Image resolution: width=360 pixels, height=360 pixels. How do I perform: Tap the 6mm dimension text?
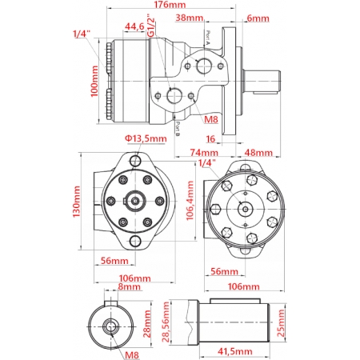click(258, 17)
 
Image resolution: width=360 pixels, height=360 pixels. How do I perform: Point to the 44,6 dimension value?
click(134, 26)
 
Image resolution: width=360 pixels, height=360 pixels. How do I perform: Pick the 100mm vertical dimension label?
click(95, 82)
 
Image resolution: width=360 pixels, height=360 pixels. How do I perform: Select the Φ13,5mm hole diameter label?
click(145, 138)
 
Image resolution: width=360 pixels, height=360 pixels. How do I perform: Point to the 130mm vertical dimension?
click(78, 203)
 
